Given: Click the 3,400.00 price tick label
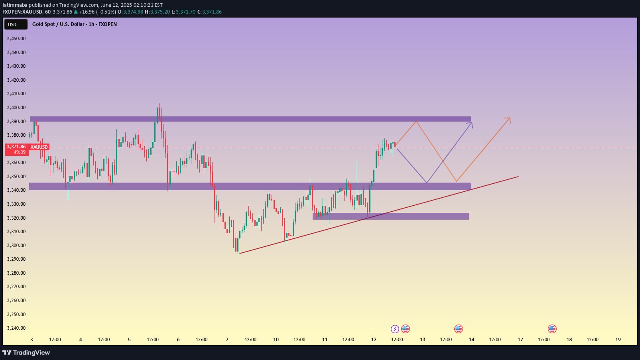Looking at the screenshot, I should (x=16, y=108).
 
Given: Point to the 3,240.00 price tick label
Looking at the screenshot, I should (x=16, y=328).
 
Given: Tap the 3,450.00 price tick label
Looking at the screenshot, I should (x=16, y=39).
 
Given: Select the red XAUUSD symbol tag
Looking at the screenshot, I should (x=39, y=147).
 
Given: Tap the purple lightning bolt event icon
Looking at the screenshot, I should (x=395, y=329).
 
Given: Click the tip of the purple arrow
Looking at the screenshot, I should (x=472, y=123).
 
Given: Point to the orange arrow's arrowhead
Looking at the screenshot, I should (x=510, y=118).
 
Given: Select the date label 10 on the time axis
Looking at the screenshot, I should (x=276, y=340).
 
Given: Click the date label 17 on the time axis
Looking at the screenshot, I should (x=520, y=340).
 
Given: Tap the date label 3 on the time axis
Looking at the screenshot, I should (x=32, y=340).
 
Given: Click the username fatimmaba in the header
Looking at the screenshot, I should (x=15, y=5).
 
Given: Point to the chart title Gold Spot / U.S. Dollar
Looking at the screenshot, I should (x=58, y=24).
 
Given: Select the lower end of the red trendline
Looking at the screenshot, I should (x=240, y=253).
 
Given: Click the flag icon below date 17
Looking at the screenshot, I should (x=552, y=329).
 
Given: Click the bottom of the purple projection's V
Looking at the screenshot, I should (x=427, y=183).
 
